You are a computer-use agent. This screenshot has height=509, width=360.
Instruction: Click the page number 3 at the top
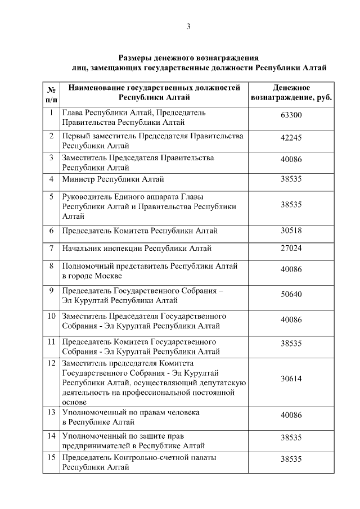coord(188,26)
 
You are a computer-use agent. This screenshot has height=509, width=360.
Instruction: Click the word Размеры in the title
coord(137,57)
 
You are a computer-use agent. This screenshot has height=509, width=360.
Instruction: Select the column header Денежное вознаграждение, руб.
coord(291,93)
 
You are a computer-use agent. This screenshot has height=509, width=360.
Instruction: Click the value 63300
coord(291,115)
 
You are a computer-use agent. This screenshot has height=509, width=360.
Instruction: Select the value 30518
coord(291,231)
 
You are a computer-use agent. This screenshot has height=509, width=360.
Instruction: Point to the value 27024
coord(291,248)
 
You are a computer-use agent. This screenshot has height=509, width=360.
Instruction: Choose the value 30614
coord(291,379)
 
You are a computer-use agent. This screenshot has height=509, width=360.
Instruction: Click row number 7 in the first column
coord(51,248)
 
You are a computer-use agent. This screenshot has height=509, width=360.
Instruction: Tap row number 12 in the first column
coord(51,363)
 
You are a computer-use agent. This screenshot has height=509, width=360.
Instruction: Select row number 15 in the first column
coord(51,457)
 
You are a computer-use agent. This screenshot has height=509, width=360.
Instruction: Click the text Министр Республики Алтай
coord(113,179)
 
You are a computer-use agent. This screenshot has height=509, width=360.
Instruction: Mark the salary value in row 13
coord(291,416)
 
